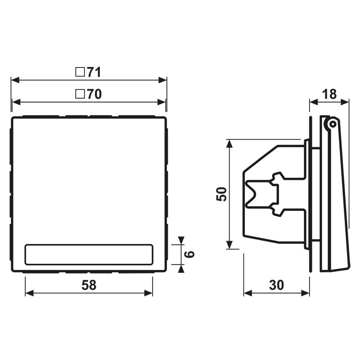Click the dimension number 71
94,72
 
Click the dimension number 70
94,94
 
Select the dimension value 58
89,285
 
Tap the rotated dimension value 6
189,254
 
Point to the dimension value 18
329,94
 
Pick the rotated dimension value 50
221,194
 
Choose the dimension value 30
276,285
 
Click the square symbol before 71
80,72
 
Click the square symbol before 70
80,94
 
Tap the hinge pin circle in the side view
332,125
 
